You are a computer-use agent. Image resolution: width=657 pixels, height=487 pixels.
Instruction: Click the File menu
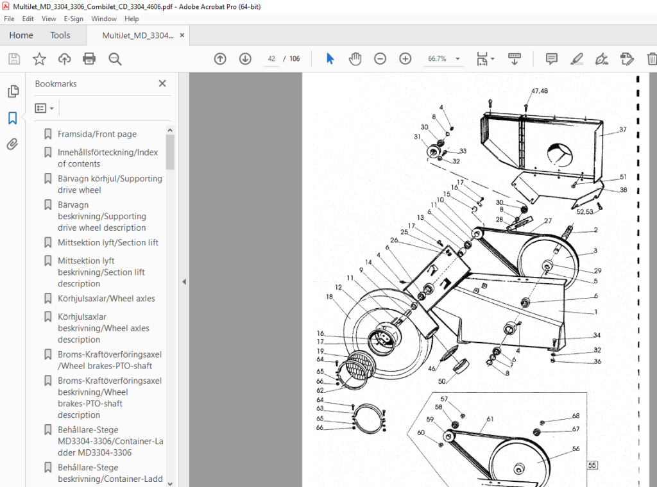coord(9,19)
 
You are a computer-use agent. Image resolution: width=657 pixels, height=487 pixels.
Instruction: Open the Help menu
coord(132,19)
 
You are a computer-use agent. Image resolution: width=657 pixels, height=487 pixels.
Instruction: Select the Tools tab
coord(60,35)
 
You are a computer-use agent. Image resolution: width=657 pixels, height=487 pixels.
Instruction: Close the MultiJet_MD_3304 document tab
coord(182,35)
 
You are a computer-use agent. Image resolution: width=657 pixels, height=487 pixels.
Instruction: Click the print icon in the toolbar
coord(89,58)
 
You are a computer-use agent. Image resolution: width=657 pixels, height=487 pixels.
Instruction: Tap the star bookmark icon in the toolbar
coord(39,58)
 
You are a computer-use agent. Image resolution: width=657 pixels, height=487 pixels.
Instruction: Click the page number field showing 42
coord(271,58)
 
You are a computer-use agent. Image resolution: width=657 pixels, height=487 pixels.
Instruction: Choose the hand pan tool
coord(355,58)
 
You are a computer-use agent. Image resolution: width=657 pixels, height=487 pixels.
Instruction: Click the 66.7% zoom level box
coord(437,58)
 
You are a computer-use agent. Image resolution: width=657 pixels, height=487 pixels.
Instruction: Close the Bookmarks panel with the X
coord(162,84)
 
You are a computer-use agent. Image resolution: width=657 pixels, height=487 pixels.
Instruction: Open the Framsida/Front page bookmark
coord(98,134)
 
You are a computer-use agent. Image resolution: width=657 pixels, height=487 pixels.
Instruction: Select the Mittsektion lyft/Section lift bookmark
coord(108,243)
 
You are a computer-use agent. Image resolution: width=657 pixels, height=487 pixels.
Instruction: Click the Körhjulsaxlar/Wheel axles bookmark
coord(107,299)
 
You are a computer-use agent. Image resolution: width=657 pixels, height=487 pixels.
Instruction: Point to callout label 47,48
coord(539,91)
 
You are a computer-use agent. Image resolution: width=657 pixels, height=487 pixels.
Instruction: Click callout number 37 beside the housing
coord(623,129)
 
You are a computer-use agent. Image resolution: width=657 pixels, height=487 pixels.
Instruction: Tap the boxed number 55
coord(592,465)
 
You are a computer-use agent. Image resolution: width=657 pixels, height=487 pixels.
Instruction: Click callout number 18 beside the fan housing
coord(329,297)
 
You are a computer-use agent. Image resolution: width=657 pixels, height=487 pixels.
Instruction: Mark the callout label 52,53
coord(585,211)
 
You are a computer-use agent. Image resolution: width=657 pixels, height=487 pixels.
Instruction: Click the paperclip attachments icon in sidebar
coord(13,144)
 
